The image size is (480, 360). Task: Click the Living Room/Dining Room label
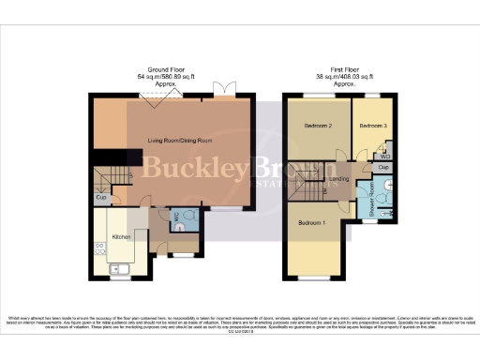pos(178,141)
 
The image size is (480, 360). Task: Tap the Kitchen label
pos(121,236)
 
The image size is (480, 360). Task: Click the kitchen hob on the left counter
pos(97,248)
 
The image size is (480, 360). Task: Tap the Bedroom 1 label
pos(312,223)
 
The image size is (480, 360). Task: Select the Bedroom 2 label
pos(319,126)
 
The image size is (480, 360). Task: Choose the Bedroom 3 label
pos(372,126)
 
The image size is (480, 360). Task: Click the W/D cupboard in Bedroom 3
pos(385,155)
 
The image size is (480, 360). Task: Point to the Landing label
pos(338,178)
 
